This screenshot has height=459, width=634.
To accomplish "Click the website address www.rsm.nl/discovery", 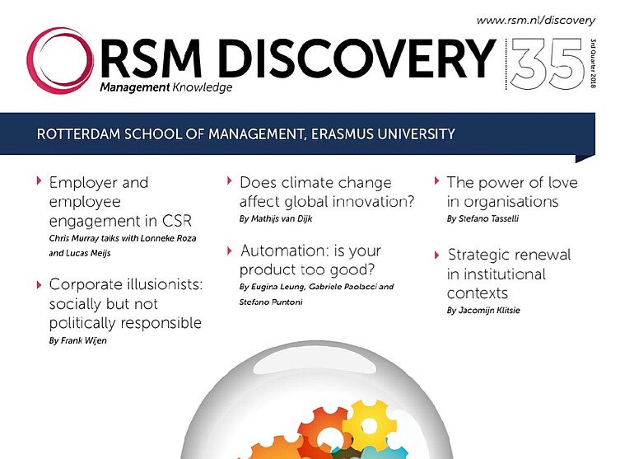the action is [536, 21].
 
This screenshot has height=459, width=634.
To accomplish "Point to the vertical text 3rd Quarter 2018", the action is [593, 63].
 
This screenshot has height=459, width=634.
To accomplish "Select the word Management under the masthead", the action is [135, 87].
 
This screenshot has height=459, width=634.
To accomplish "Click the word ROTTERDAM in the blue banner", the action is [78, 134].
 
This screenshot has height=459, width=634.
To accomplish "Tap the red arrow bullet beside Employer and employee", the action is [40, 180].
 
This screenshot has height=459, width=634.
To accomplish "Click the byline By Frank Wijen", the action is [78, 340].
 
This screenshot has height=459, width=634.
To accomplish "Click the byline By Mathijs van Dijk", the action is [276, 219].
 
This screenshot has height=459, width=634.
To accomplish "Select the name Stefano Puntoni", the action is [271, 302].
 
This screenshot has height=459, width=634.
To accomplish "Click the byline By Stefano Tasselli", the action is [482, 219].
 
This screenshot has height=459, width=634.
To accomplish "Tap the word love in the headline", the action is [562, 183].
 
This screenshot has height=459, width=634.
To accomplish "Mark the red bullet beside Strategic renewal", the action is [437, 255].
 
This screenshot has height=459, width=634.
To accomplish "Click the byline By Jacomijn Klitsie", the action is [483, 311].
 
